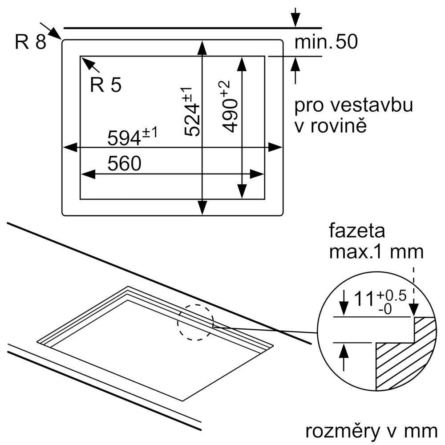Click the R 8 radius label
[30, 42]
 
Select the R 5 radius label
[105, 85]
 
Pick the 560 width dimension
[124, 164]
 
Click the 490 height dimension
[230, 107]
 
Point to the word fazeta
[357, 231]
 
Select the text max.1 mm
[376, 252]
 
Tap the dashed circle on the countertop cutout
[195, 322]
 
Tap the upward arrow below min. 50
[295, 65]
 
